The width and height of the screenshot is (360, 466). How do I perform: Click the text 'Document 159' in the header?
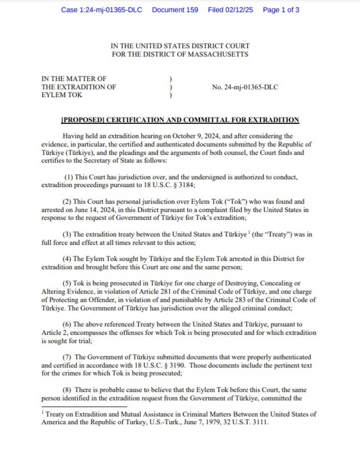175,9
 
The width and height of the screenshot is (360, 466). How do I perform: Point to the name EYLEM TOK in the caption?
62,95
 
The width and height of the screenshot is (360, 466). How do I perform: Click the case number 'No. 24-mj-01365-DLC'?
246,87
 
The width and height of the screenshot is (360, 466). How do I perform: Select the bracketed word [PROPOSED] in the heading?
83,120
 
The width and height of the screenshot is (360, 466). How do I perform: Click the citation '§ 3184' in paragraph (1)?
171,185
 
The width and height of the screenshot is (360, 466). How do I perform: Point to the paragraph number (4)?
68,259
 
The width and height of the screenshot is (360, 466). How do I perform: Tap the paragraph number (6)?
68,324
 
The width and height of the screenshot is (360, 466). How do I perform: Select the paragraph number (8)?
68,390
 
